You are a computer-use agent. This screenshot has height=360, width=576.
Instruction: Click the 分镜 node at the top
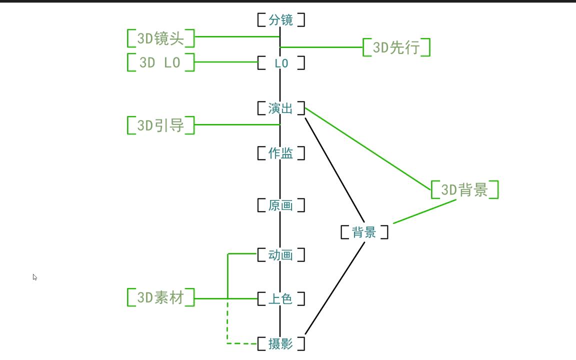[x=281, y=20]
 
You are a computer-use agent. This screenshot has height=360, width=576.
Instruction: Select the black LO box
[x=281, y=63]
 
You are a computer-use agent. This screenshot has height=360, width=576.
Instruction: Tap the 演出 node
[x=281, y=108]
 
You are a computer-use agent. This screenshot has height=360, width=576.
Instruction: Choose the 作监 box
[x=281, y=153]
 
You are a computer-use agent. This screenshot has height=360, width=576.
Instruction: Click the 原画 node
[x=281, y=205]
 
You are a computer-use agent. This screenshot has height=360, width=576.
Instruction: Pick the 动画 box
[x=281, y=255]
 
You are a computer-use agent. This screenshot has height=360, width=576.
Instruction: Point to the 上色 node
[x=281, y=299]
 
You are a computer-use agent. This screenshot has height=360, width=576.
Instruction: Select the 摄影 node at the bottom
[x=281, y=343]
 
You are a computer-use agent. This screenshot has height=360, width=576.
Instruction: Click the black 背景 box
[x=364, y=232]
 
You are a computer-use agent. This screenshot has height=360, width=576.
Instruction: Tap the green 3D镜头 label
[x=160, y=38]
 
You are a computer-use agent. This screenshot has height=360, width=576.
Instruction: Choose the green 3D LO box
[x=160, y=63]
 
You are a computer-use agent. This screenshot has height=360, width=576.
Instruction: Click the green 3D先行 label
[x=396, y=48]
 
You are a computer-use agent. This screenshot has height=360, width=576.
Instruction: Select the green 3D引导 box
[x=160, y=125]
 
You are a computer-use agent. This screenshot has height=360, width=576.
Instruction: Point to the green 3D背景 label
[x=464, y=190]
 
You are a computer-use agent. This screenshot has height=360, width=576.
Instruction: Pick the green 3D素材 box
[x=160, y=298]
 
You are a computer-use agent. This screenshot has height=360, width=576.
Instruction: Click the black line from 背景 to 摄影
[x=335, y=287]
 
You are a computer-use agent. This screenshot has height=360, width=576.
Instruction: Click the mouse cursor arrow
[x=34, y=276]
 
